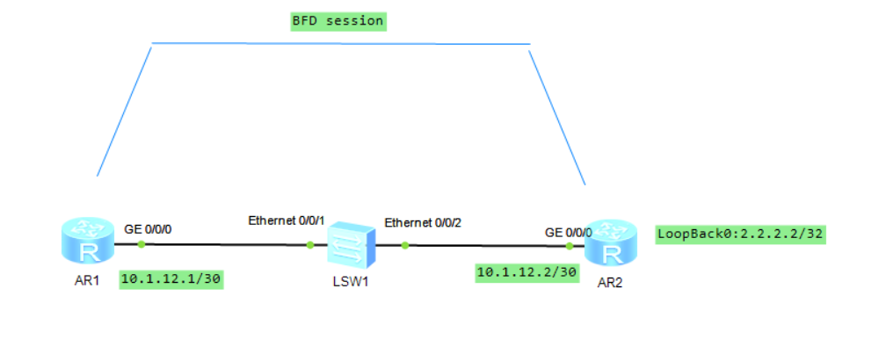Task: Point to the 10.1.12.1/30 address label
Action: click(x=171, y=280)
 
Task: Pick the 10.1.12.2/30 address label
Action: click(x=526, y=273)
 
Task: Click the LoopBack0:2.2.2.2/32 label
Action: click(x=740, y=235)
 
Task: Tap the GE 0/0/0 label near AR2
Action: click(x=568, y=233)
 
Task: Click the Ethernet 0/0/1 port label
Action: click(x=287, y=220)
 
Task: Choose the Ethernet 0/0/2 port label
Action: click(x=423, y=223)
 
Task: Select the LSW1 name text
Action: click(x=350, y=283)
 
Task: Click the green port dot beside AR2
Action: click(x=570, y=247)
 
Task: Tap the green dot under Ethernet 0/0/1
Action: click(x=310, y=245)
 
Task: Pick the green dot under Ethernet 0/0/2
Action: click(x=404, y=245)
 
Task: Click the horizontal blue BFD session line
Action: click(x=341, y=43)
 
